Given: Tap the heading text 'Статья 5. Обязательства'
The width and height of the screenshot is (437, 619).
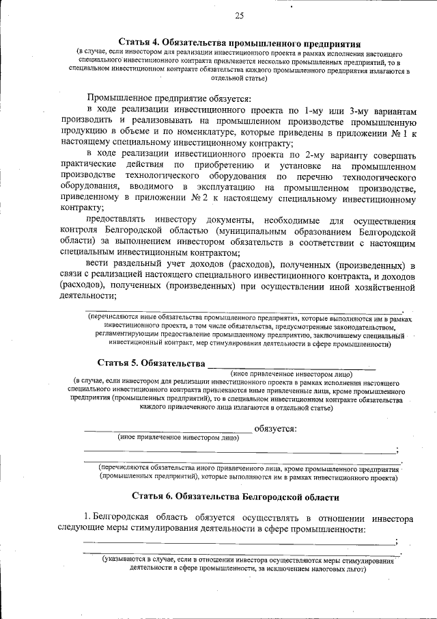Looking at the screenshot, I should click(x=150, y=363).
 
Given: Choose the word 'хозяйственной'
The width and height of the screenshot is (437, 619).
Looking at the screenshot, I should click(x=378, y=288).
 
